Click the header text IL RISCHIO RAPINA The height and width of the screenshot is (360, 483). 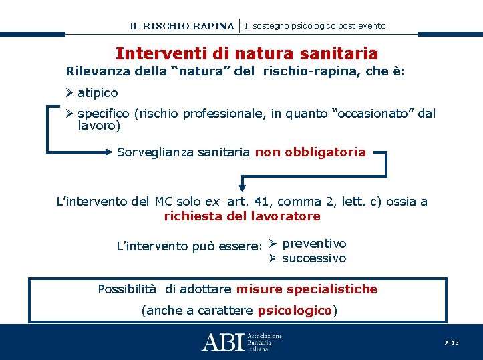(x=182, y=26)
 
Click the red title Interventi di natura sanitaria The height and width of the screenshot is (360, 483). (x=247, y=53)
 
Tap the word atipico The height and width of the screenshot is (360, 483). (x=98, y=92)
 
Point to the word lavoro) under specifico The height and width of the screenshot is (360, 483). (x=99, y=125)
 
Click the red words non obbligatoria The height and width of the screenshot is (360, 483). (x=310, y=152)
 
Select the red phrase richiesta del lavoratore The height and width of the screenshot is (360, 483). (x=242, y=216)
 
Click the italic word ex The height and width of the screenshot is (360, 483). (x=212, y=201)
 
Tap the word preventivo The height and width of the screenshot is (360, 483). (x=314, y=244)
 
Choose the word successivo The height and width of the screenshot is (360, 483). (x=314, y=258)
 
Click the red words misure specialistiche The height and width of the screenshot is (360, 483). (x=307, y=289)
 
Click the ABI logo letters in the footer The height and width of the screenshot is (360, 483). (x=223, y=342)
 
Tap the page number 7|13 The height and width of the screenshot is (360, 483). (x=452, y=342)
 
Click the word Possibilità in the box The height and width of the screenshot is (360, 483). (x=127, y=289)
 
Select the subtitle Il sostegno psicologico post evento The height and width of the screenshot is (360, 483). (x=315, y=25)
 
